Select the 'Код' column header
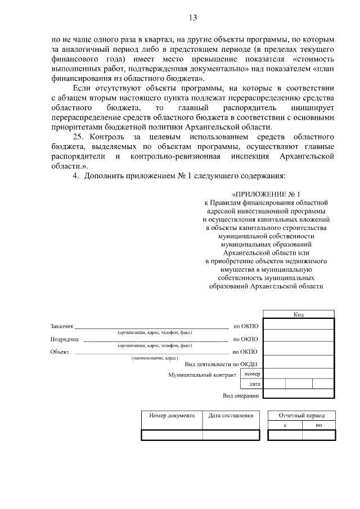click(x=298, y=314)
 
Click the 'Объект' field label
click(x=60, y=352)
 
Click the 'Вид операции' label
click(x=241, y=396)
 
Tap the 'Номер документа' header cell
click(x=172, y=416)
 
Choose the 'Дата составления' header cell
click(x=231, y=416)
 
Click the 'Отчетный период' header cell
click(x=301, y=416)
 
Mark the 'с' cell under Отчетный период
click(x=285, y=425)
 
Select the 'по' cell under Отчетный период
click(x=318, y=425)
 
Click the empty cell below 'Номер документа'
click(x=172, y=435)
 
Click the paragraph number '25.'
click(x=81, y=137)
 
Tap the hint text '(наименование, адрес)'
click(x=155, y=358)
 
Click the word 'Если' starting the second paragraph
click(x=82, y=88)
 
